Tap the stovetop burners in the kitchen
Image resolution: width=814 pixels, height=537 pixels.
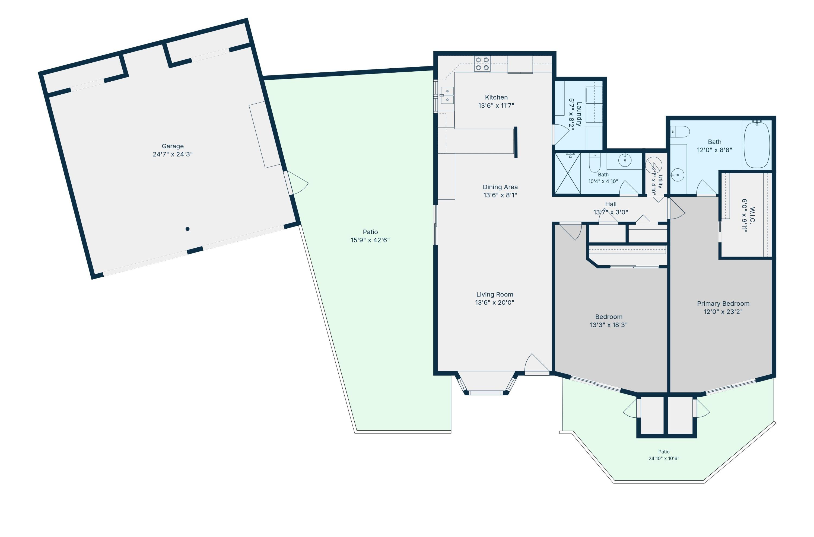click(482, 64)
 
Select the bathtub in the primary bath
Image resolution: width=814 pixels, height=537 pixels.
click(757, 145)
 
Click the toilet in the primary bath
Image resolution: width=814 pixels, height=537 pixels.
click(680, 132)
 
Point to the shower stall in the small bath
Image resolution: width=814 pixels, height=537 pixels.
click(567, 174)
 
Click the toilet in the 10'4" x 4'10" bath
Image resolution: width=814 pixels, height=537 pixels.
click(594, 163)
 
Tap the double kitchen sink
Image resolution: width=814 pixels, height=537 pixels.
click(447, 95)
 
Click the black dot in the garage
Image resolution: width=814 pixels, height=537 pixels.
click(187, 229)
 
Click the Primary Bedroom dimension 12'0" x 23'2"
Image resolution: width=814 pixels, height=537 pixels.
click(723, 312)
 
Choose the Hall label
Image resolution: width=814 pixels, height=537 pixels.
click(611, 204)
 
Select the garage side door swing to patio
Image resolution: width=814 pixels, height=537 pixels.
click(297, 183)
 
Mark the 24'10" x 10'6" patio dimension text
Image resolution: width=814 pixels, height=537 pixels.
click(664, 458)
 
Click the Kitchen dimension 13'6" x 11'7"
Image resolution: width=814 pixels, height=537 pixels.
click(497, 106)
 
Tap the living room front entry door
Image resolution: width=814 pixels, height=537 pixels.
click(537, 363)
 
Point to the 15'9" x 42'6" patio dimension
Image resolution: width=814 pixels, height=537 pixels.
click(370, 240)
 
